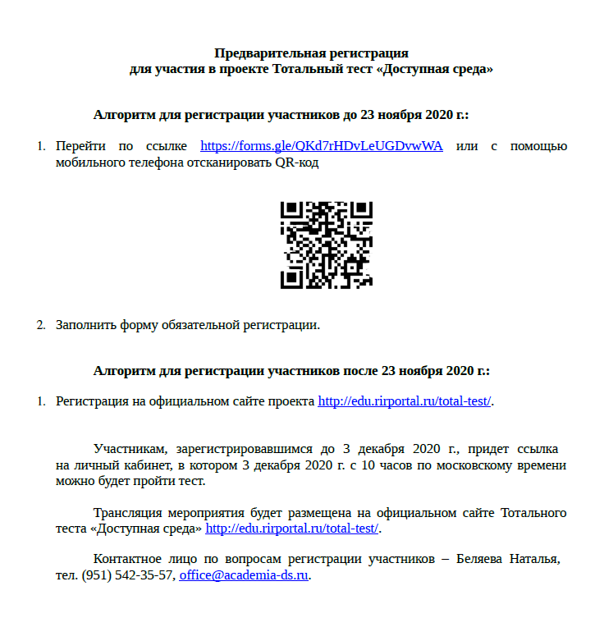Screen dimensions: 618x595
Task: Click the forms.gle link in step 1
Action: [x=322, y=146]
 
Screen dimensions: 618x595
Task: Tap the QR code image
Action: [x=327, y=244]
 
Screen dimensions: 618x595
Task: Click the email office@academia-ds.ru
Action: [x=244, y=575]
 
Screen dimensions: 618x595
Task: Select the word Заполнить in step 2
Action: [x=85, y=324]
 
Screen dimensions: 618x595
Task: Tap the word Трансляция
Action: [x=130, y=513]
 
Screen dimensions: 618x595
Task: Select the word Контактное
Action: [x=128, y=559]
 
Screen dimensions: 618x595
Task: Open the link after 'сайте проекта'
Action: [x=405, y=401]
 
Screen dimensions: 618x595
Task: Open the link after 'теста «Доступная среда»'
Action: [x=292, y=529]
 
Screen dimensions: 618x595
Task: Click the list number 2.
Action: [x=40, y=324]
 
